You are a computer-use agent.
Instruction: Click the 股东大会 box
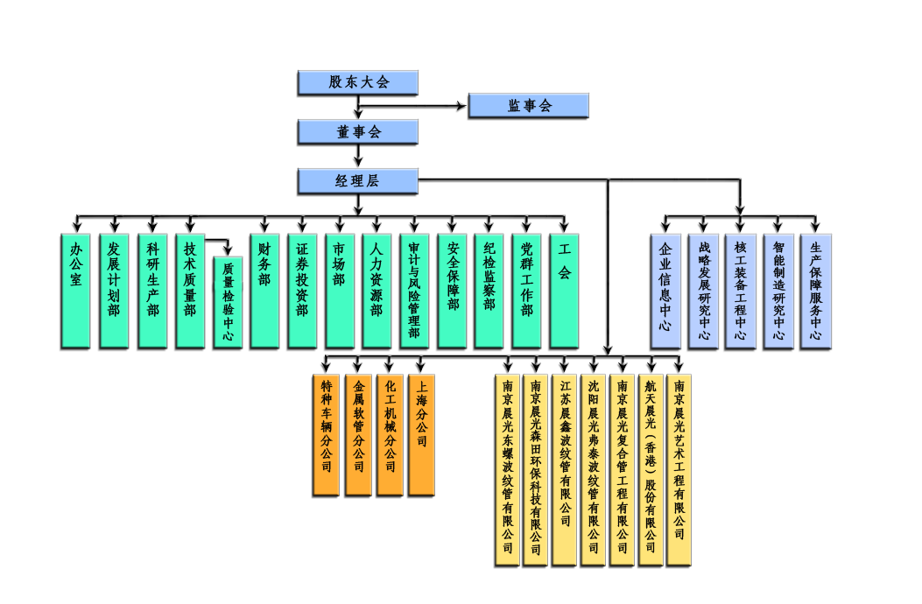[358, 82]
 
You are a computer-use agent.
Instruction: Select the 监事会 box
[529, 105]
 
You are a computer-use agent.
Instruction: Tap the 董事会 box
[358, 131]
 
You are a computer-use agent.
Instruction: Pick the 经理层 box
[358, 181]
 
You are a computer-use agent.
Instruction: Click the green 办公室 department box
[76, 289]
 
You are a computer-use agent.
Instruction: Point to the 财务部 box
[264, 289]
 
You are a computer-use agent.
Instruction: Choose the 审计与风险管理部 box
[414, 289]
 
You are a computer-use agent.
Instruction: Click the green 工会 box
[564, 289]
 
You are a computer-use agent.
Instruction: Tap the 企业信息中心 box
[665, 290]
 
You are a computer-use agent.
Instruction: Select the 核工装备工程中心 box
[741, 290]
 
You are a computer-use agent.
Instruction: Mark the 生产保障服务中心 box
[816, 290]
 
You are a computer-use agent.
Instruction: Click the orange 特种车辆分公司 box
[327, 434]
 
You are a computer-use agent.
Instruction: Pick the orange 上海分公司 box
[421, 434]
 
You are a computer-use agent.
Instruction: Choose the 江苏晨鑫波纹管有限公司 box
[566, 468]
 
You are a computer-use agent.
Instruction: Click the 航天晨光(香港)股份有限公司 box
[651, 468]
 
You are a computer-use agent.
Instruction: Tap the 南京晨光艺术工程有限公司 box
[679, 468]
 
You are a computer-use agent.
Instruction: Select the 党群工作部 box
[526, 289]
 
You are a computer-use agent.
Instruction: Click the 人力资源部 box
[377, 289]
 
